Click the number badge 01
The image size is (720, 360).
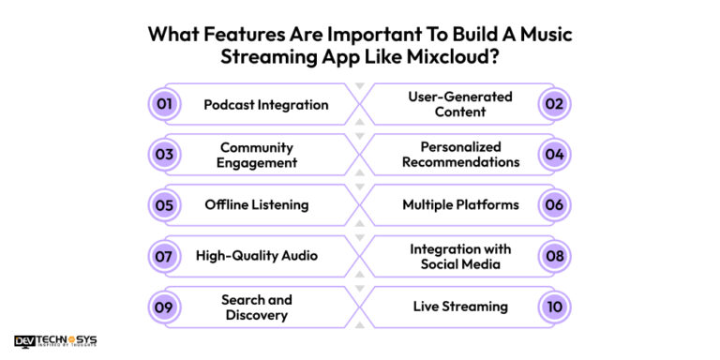tap(164, 104)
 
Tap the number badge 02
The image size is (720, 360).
tap(555, 104)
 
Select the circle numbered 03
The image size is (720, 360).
tap(164, 155)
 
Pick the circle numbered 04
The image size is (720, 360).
tap(555, 155)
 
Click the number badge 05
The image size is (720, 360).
tap(164, 205)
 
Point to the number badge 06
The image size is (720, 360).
tap(555, 205)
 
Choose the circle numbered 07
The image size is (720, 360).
tap(164, 256)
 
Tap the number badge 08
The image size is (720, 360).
tap(555, 256)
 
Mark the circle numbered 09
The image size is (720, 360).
tap(164, 307)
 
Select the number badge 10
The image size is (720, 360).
tap(555, 307)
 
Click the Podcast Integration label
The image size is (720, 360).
tap(266, 104)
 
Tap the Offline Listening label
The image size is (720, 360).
tap(257, 205)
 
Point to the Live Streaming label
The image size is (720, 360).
tap(460, 307)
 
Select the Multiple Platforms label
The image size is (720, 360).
tap(460, 205)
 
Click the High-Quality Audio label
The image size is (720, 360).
tap(257, 256)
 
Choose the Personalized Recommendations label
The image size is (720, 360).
tap(460, 155)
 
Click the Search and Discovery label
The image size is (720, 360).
tap(257, 307)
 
